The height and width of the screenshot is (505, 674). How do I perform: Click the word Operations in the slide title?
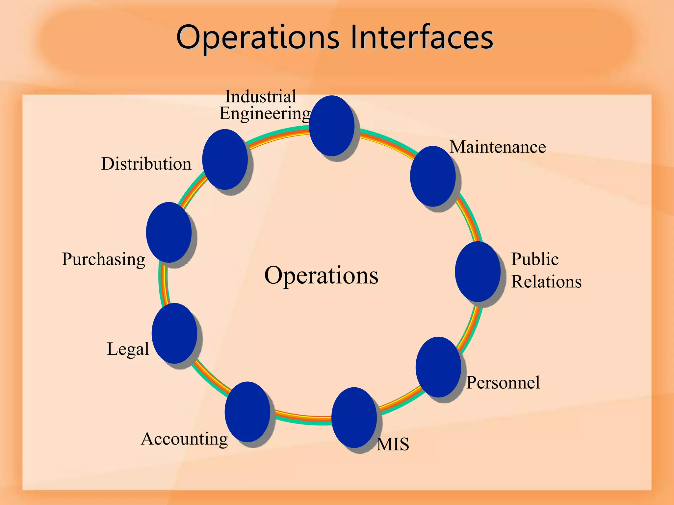click(x=257, y=38)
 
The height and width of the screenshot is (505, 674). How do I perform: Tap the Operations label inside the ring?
click(x=321, y=275)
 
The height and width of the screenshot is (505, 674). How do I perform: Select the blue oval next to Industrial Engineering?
click(x=332, y=126)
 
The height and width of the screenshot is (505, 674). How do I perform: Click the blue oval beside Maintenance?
click(x=433, y=176)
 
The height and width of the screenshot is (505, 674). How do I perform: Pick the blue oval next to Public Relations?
click(x=478, y=272)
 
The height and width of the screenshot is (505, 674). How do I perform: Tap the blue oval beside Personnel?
click(x=438, y=367)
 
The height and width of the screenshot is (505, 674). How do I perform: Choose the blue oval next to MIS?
click(x=354, y=418)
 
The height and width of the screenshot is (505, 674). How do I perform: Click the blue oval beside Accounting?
click(x=247, y=412)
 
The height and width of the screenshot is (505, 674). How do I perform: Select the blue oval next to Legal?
click(x=174, y=333)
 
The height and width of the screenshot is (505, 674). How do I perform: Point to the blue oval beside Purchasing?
click(x=169, y=232)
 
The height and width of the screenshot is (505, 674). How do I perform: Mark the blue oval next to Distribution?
click(x=225, y=159)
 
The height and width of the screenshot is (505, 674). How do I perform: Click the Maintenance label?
click(x=498, y=147)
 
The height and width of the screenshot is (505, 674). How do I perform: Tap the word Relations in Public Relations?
click(x=546, y=282)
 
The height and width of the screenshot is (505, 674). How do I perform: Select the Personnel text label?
click(x=503, y=382)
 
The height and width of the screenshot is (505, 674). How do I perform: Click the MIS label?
click(x=393, y=444)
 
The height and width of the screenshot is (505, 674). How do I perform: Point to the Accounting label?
click(x=184, y=439)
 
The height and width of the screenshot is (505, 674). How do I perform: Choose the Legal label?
click(x=128, y=349)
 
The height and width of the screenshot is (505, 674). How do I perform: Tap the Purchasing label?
click(x=103, y=259)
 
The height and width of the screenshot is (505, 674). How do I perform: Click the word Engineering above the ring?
click(x=265, y=114)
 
